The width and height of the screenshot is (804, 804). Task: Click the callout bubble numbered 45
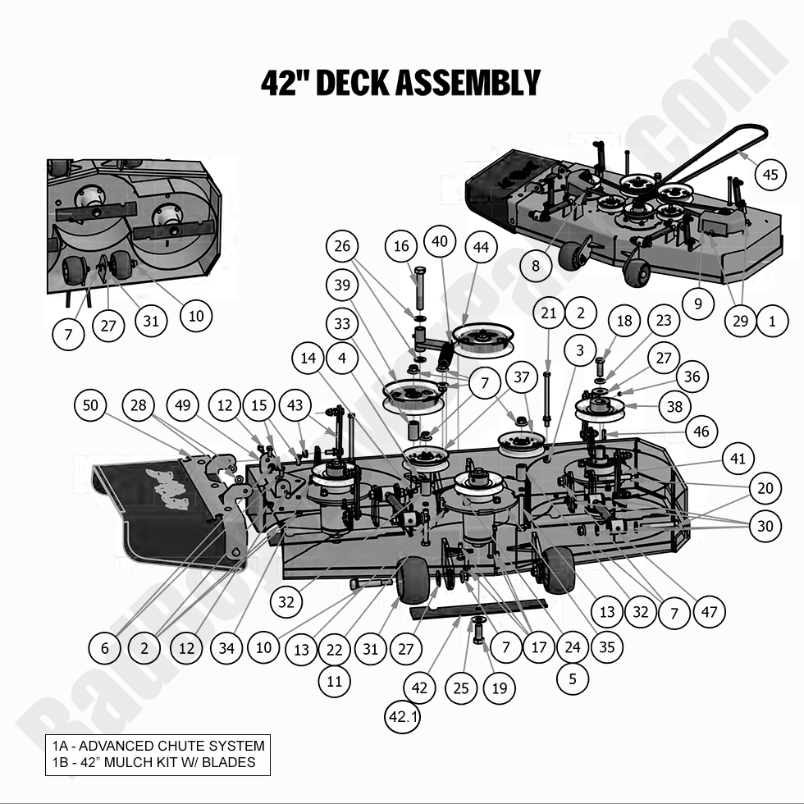click(769, 175)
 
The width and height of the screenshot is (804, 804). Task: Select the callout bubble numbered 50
click(90, 404)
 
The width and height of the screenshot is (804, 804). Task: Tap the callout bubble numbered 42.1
click(404, 716)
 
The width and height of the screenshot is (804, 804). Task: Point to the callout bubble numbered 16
click(401, 246)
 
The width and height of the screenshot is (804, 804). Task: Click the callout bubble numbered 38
click(698, 405)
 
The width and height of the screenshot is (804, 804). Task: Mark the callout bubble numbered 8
click(536, 266)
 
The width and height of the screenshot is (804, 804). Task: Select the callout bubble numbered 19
click(500, 688)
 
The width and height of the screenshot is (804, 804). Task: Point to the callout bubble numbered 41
click(738, 459)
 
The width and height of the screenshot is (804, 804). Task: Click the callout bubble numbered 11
click(335, 681)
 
